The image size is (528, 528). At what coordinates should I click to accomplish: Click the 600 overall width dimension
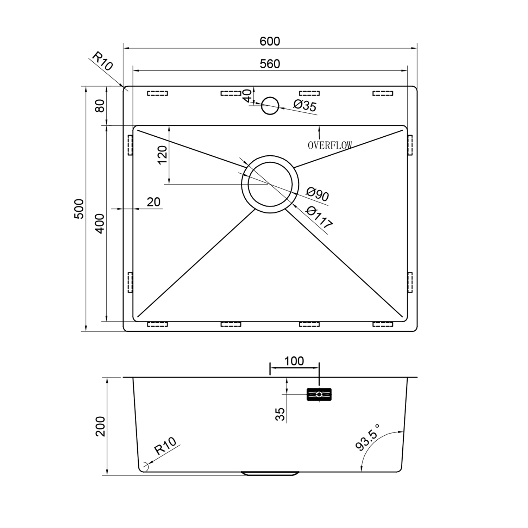[x=270, y=41]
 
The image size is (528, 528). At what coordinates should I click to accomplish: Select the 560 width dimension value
[x=270, y=64]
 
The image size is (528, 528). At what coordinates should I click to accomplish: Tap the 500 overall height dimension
[x=80, y=209]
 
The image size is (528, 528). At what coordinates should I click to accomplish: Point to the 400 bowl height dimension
[x=101, y=223]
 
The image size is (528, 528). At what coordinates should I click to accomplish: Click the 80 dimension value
[x=101, y=106]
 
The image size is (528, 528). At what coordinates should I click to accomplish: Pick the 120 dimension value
[x=162, y=155]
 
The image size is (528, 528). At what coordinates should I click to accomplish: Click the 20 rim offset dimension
[x=153, y=202]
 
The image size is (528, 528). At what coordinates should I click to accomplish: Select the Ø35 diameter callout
[x=305, y=105]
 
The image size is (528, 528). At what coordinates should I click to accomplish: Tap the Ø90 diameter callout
[x=317, y=194]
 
